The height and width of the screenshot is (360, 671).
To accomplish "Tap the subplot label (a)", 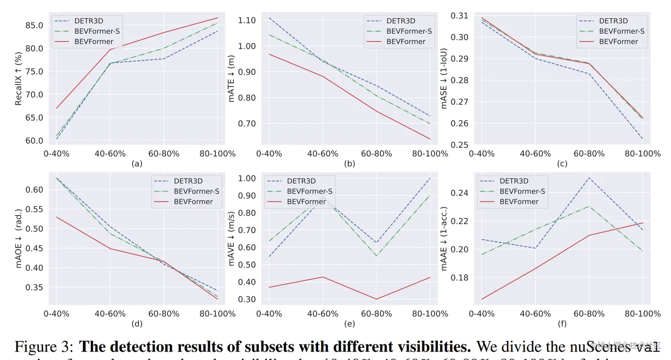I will [x=137, y=164].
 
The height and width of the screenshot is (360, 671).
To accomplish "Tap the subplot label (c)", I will [x=562, y=164].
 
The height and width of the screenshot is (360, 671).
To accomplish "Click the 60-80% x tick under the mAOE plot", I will [x=163, y=314].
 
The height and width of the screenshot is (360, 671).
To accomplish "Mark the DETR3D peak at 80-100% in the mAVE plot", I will [x=430, y=178].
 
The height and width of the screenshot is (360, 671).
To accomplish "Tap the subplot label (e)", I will [x=349, y=324].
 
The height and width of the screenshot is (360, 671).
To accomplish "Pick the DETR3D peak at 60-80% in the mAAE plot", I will [x=589, y=178].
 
